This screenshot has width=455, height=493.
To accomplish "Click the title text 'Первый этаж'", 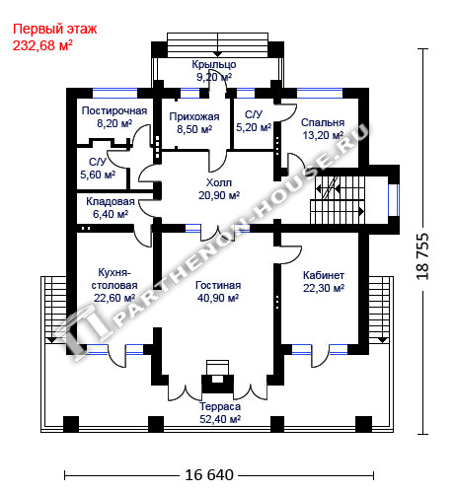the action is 55,30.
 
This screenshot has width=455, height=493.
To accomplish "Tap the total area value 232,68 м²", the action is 42,45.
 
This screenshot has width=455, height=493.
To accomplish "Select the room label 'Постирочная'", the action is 114,110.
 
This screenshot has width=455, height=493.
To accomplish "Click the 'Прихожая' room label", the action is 194,116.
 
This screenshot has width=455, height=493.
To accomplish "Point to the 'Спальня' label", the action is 323,122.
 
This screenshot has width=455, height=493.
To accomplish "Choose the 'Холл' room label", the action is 219,182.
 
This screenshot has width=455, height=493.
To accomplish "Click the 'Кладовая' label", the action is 111,201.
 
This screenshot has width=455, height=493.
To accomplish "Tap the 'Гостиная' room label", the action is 218,285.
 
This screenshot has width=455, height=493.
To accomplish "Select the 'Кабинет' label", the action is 324,275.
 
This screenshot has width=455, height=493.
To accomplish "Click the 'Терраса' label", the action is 220,406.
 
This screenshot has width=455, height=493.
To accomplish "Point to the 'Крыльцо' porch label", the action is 214,64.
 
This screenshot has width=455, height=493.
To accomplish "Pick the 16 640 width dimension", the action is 209,475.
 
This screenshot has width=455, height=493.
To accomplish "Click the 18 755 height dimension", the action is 422,256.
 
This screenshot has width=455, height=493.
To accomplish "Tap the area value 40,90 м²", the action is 218,298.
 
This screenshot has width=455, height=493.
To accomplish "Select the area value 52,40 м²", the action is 220,419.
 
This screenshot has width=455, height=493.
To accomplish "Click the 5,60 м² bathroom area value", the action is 98,175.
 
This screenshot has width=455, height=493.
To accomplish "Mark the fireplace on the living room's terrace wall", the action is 217,378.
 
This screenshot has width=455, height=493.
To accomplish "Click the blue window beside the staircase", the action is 394,200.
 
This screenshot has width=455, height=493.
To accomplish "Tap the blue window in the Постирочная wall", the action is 114,94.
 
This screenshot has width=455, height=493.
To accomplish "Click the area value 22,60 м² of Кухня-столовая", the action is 114,298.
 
